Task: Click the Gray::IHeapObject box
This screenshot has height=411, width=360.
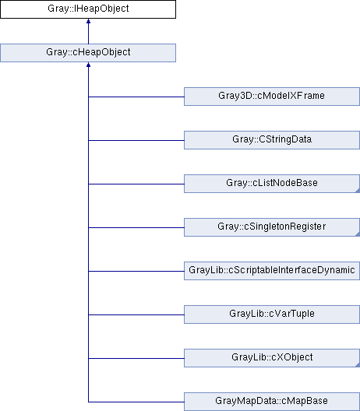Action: [x=88, y=9]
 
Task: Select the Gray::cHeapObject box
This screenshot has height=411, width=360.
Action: [x=88, y=53]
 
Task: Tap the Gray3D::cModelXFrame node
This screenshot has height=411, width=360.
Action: [x=272, y=97]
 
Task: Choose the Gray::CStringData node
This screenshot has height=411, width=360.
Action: [x=272, y=140]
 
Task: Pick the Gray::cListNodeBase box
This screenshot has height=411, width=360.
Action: [x=272, y=184]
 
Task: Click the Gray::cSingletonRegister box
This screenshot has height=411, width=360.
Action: [x=272, y=227]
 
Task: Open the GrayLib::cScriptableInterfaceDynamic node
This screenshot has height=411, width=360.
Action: [x=272, y=271]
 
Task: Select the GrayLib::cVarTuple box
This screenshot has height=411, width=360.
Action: [x=272, y=314]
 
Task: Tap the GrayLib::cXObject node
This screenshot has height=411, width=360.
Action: [x=272, y=358]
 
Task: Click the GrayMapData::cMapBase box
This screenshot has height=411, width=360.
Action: [x=272, y=402]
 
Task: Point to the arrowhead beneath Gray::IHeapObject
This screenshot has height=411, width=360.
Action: [x=88, y=21]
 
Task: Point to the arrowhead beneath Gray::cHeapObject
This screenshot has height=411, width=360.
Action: [x=88, y=65]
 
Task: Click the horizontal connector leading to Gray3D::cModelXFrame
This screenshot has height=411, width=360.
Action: [x=136, y=97]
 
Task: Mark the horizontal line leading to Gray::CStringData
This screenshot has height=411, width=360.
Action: [x=136, y=140]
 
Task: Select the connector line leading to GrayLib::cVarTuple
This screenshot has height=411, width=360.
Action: [x=136, y=314]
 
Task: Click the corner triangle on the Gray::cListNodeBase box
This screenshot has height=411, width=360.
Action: [x=358, y=191]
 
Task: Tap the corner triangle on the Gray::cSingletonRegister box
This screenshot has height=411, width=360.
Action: [x=358, y=234]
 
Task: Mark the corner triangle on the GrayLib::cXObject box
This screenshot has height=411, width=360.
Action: [x=358, y=365]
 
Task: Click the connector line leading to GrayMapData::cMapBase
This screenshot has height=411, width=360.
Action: [x=136, y=402]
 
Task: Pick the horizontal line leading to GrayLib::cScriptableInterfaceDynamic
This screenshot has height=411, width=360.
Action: [x=136, y=271]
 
